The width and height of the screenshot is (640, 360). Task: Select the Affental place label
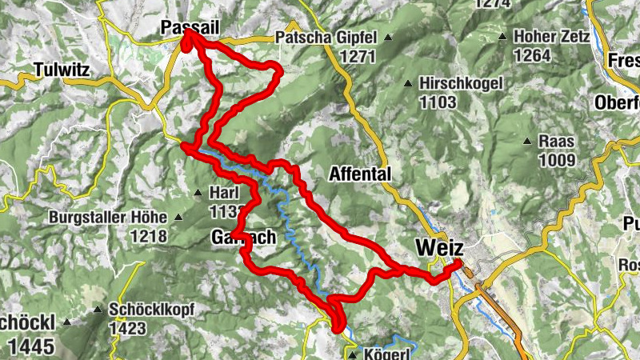point(359,174)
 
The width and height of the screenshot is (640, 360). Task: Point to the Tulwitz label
point(61,70)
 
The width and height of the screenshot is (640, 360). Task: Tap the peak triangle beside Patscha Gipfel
point(388,38)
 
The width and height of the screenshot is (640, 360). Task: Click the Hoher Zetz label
point(551,38)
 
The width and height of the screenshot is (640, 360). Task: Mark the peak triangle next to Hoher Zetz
point(502,38)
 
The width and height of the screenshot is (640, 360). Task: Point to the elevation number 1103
point(437,102)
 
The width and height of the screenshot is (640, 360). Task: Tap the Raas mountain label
point(556,142)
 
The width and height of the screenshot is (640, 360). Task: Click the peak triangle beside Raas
point(527,142)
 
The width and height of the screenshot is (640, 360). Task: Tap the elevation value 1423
point(129,328)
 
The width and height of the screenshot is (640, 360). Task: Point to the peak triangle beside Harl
point(198,192)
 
